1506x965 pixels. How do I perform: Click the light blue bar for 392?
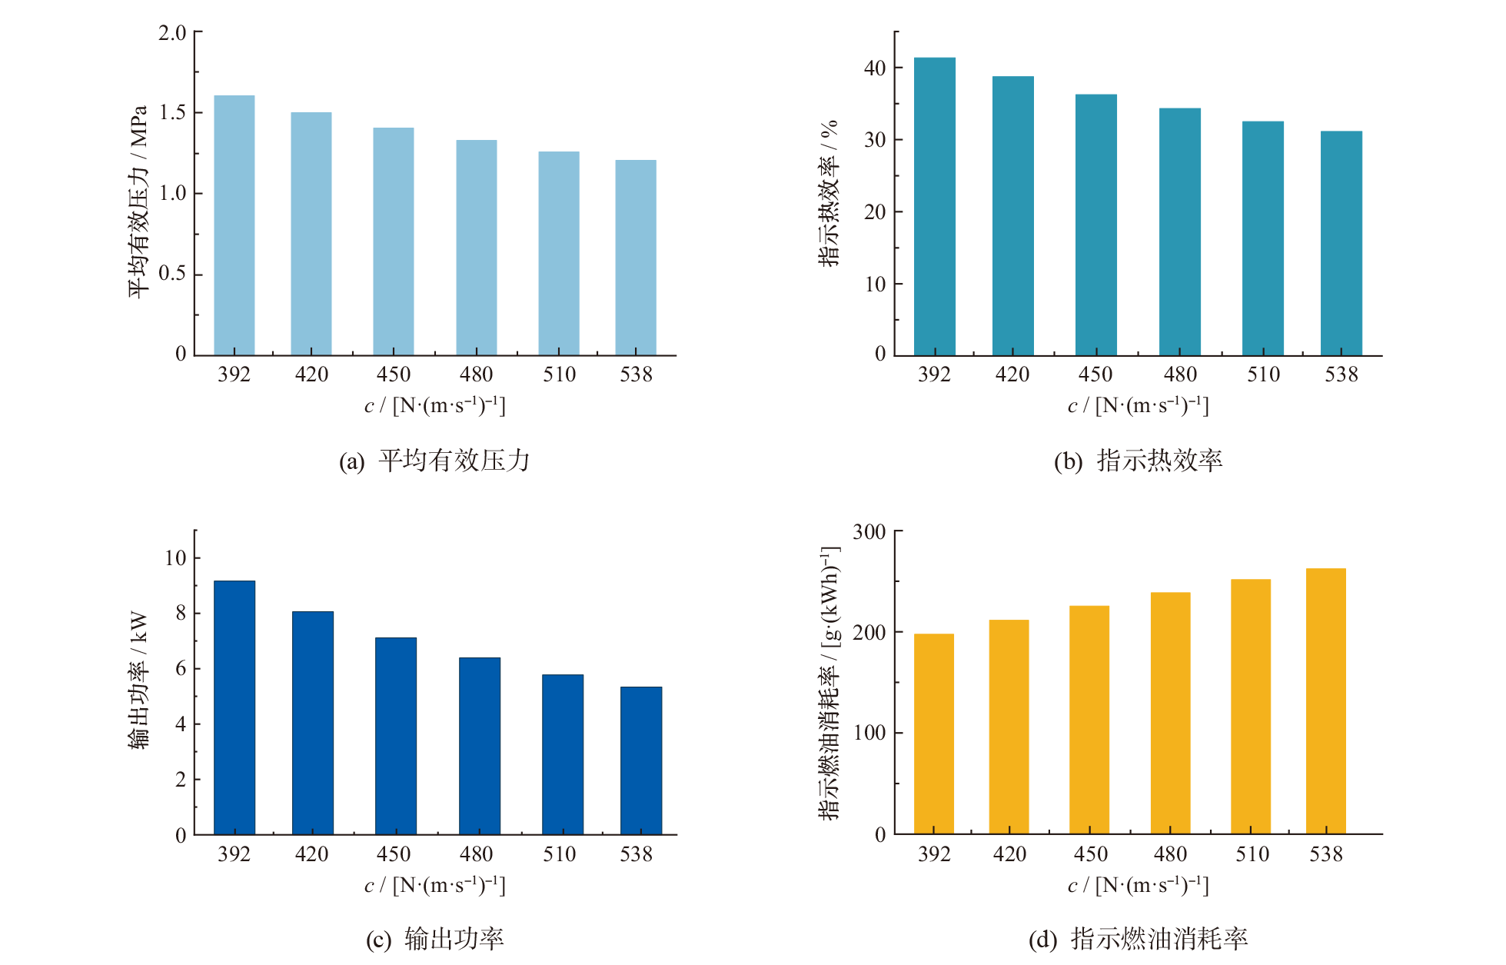(234, 225)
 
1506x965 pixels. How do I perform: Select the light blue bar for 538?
(636, 258)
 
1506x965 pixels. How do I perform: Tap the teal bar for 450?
(1095, 225)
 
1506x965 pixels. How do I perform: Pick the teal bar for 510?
(1263, 238)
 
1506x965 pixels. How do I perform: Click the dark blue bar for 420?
(313, 723)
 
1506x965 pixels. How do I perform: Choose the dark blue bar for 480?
(480, 746)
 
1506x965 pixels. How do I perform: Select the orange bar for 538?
(1326, 701)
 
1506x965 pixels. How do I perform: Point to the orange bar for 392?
(934, 734)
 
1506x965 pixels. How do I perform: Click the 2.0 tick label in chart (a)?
(172, 33)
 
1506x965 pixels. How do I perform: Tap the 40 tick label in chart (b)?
(875, 68)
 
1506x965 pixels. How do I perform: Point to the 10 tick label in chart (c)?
(175, 558)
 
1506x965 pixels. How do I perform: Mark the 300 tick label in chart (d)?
(869, 532)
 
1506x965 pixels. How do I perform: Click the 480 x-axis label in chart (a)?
(477, 374)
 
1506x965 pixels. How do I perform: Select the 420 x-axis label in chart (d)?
(1009, 854)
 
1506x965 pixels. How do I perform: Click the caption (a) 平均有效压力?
(435, 461)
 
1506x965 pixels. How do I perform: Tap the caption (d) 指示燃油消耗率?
(1139, 939)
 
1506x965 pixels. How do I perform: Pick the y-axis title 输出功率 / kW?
(138, 680)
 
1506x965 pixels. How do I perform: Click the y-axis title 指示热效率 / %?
(828, 194)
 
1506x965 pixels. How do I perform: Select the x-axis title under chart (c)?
(435, 886)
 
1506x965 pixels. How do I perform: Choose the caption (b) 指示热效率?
(1139, 461)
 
